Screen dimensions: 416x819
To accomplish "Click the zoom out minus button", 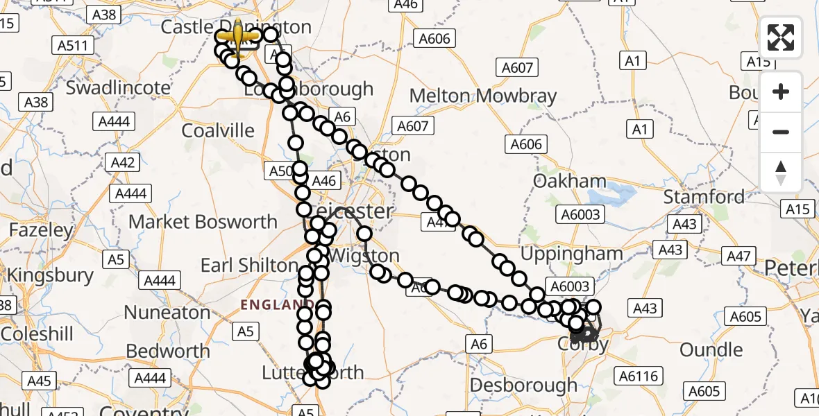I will coord(781,132).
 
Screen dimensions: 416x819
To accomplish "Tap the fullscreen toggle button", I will coord(781,37).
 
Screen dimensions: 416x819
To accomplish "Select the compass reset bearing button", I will coord(781,172).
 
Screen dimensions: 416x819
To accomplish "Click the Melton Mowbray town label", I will coord(483,95).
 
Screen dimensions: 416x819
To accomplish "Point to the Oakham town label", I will coord(569,182).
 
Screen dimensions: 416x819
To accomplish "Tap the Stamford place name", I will coord(704,196).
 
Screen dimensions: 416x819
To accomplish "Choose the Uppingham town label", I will coord(571,253).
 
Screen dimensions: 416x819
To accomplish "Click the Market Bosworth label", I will coord(203,222).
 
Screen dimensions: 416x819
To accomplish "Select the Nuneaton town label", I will coord(167,312).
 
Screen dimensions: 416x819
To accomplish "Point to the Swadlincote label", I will coord(118,88).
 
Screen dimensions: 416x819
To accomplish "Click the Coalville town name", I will coord(218,130).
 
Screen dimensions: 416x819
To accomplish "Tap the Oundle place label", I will coord(711,349).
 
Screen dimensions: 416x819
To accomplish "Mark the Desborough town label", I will coord(523,385).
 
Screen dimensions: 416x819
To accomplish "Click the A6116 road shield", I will coord(636,376).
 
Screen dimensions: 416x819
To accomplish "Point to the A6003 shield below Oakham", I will coord(581,215).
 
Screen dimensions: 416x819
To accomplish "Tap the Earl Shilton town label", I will coord(249,265).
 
